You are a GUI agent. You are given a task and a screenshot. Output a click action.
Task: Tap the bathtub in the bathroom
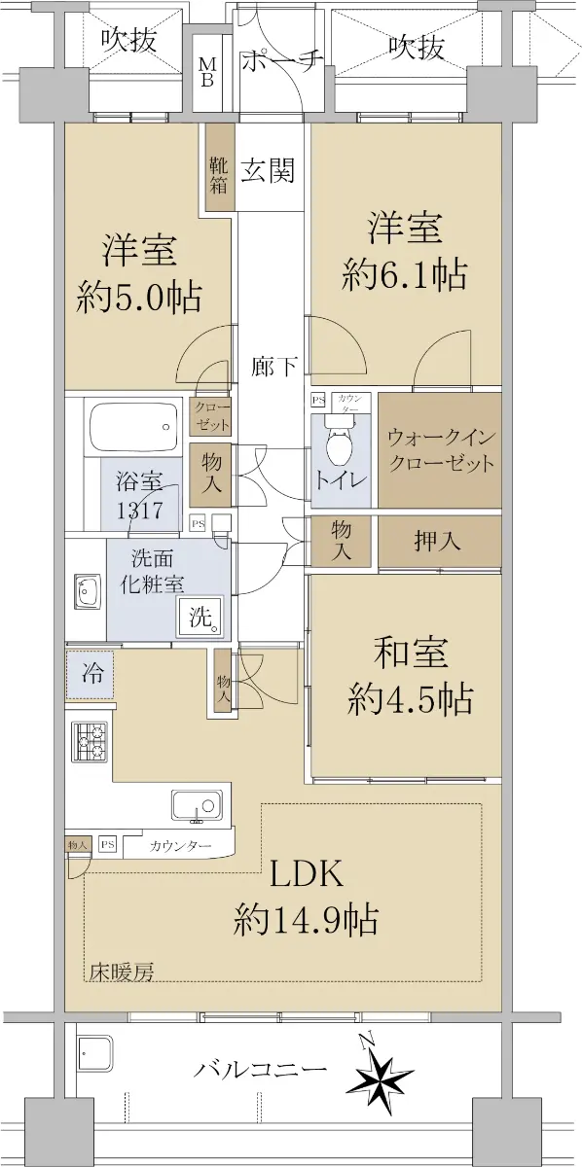(x=135, y=426)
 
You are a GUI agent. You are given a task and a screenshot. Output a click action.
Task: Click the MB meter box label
(x=207, y=72)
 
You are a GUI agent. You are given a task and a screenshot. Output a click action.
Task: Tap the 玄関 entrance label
(x=268, y=170)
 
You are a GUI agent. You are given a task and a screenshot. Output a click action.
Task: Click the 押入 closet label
(x=437, y=542)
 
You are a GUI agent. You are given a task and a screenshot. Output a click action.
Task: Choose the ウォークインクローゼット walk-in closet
(x=440, y=449)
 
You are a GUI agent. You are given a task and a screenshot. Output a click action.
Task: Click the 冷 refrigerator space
(x=90, y=675)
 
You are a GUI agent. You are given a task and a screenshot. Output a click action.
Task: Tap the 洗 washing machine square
(x=202, y=618)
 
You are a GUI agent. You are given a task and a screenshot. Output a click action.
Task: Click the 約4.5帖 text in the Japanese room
(x=411, y=699)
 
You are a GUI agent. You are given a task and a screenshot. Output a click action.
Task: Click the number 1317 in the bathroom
(x=140, y=510)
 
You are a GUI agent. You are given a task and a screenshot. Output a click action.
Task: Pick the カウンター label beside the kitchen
(x=180, y=846)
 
